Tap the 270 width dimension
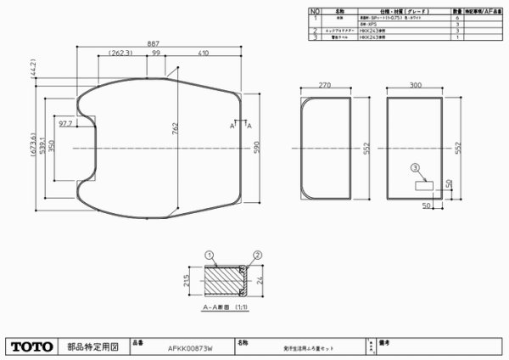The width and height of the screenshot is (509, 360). coord(322,85)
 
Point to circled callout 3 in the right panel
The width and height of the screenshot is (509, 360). coord(415,168)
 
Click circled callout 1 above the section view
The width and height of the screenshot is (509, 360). coord(208,252)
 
